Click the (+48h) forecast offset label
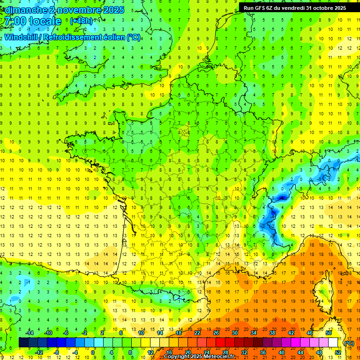tap(81, 21)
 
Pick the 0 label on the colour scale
tap(93, 352)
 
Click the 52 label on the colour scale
tap(338, 352)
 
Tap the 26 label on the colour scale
tap(216, 333)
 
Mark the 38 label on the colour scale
tap(272, 333)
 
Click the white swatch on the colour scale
tap(333, 343)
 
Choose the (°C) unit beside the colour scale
tap(349, 343)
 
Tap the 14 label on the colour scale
tap(160, 333)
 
